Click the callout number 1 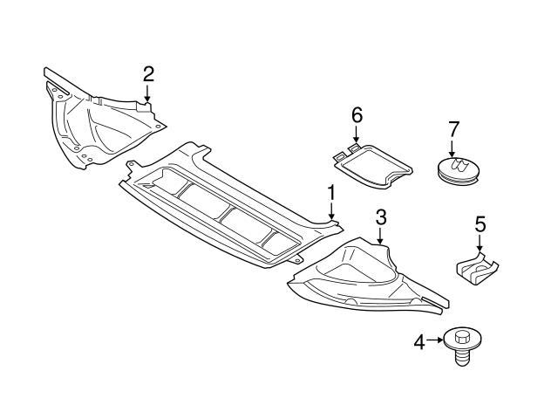pos(331,192)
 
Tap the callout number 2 pos(148,73)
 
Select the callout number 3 pos(381,216)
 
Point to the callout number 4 pos(418,342)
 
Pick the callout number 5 pos(480,224)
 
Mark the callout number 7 pos(453,128)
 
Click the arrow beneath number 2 pos(148,94)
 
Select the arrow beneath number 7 pos(453,149)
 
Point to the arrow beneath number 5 pos(480,245)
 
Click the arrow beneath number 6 pos(356,136)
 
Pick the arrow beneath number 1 pos(331,212)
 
